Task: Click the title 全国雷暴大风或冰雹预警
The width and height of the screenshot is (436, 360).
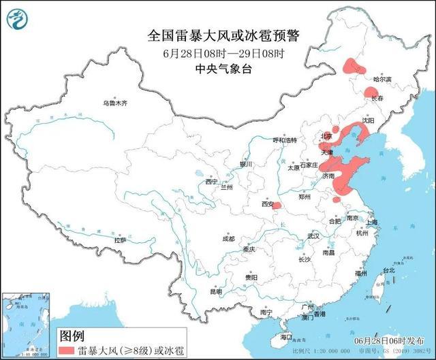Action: pos(217,33)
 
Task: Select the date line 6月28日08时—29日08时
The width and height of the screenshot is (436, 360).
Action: pos(217,52)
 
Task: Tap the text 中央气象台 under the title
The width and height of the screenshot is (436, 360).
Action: pos(217,68)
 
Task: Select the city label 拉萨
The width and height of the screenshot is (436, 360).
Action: pos(120,240)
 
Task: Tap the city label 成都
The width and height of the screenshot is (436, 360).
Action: pos(228,239)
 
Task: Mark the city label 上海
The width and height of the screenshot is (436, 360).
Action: pos(371,222)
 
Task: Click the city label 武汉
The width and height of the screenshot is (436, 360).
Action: pos(313,235)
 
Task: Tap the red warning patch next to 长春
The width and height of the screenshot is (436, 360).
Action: pos(371,93)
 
